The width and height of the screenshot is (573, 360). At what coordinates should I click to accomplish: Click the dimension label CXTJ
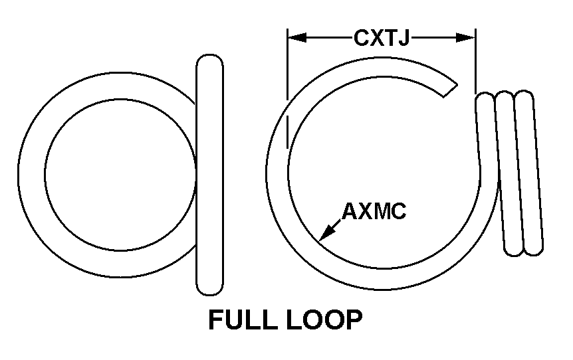381,38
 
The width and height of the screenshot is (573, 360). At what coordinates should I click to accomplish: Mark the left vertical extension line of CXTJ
287,86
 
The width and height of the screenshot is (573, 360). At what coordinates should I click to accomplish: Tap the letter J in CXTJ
401,38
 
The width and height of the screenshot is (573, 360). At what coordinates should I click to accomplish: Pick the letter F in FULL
216,320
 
